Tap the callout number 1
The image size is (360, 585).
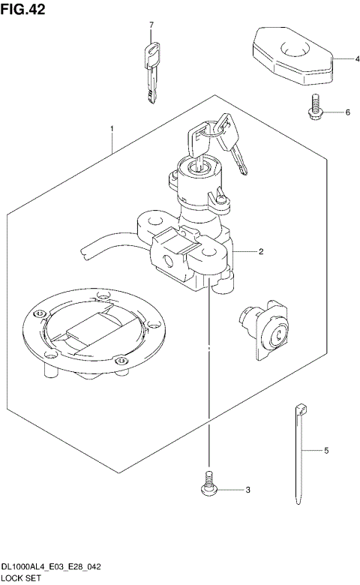(112, 129)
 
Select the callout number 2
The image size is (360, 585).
(260, 251)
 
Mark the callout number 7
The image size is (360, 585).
(151, 25)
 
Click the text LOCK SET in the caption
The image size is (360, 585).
(23, 578)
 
